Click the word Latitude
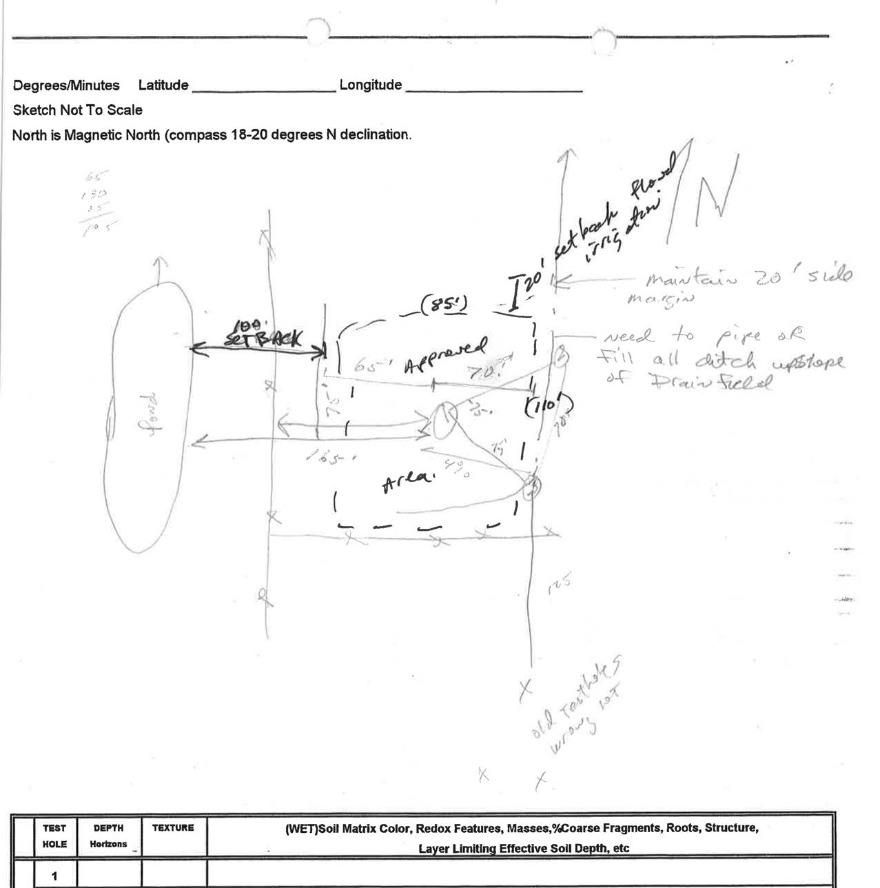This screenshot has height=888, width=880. [x=163, y=85]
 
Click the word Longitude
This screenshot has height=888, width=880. [x=371, y=85]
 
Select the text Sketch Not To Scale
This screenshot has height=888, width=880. [x=77, y=110]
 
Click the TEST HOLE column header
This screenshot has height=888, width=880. [x=54, y=836]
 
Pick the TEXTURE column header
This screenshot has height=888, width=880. [x=173, y=828]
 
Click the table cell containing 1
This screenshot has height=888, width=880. [x=54, y=876]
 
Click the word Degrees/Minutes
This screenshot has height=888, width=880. [x=66, y=85]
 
